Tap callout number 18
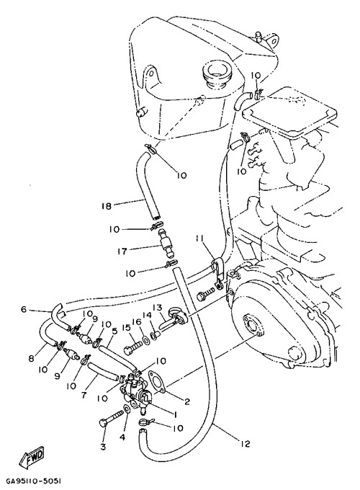pyautogui.click(x=107, y=206)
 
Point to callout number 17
pyautogui.click(x=122, y=251)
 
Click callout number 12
pyautogui.click(x=245, y=443)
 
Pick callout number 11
pyautogui.click(x=200, y=239)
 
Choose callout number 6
pyautogui.click(x=24, y=309)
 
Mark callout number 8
pyautogui.click(x=31, y=358)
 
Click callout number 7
pyautogui.click(x=84, y=395)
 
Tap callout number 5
pyautogui.click(x=114, y=331)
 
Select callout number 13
pyautogui.click(x=156, y=308)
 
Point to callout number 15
pyautogui.click(x=126, y=327)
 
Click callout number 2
pyautogui.click(x=187, y=401)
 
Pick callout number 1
pyautogui.click(x=175, y=414)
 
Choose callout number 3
pyautogui.click(x=103, y=447)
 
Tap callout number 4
pyautogui.click(x=122, y=437)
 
